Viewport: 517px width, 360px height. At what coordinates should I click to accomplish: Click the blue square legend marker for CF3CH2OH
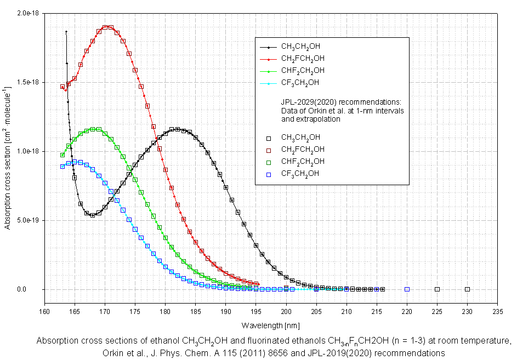coord(269,174)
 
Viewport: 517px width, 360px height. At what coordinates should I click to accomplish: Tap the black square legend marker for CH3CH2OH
coord(269,138)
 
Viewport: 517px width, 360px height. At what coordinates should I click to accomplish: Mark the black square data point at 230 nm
coord(467,289)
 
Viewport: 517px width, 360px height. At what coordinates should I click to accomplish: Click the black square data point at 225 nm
coord(437,289)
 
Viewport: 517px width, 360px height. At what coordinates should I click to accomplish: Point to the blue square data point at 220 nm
coord(407,289)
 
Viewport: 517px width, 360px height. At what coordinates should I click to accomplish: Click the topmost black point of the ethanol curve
coord(66,32)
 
